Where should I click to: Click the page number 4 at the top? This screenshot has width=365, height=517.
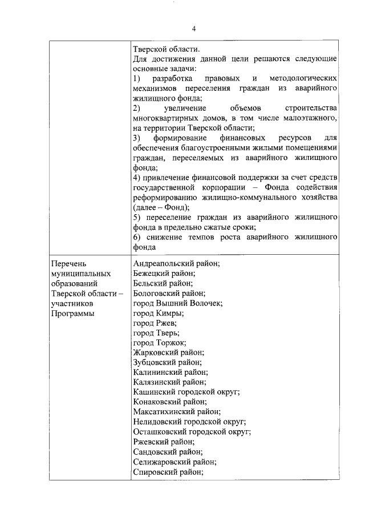pyautogui.click(x=194, y=29)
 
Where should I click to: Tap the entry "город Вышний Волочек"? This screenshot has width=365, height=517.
pyautogui.click(x=177, y=303)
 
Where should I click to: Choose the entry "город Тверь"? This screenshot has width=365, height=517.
pyautogui.click(x=156, y=332)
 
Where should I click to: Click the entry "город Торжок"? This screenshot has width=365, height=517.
pyautogui.click(x=159, y=343)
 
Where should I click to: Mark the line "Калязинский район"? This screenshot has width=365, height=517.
pyautogui.click(x=169, y=382)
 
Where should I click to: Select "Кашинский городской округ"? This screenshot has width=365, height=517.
pyautogui.click(x=186, y=392)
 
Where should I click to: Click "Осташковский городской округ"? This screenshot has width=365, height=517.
pyautogui.click(x=192, y=432)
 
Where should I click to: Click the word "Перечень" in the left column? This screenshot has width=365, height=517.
pyautogui.click(x=68, y=264)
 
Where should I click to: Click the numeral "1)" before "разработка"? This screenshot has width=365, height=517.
pyautogui.click(x=136, y=77)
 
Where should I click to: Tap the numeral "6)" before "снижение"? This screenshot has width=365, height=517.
pyautogui.click(x=136, y=237)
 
